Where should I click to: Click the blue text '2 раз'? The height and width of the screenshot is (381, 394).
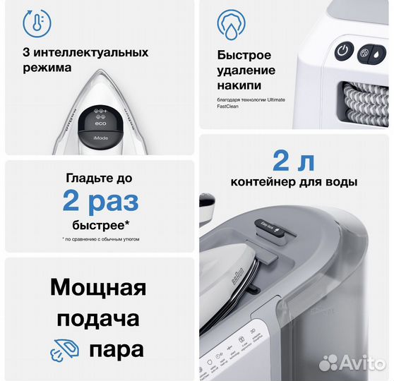click(100, 202)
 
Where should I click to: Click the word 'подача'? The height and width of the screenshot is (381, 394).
click(99, 319)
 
